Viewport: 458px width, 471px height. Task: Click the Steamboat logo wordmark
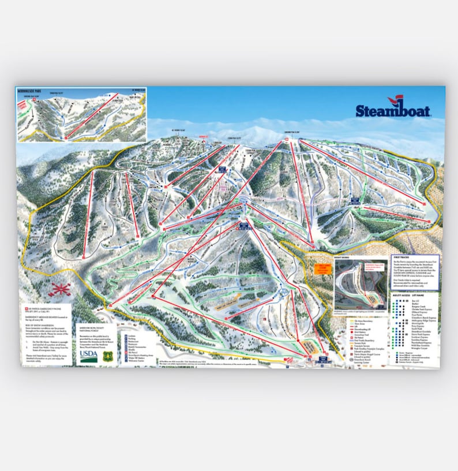[x=393, y=110]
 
